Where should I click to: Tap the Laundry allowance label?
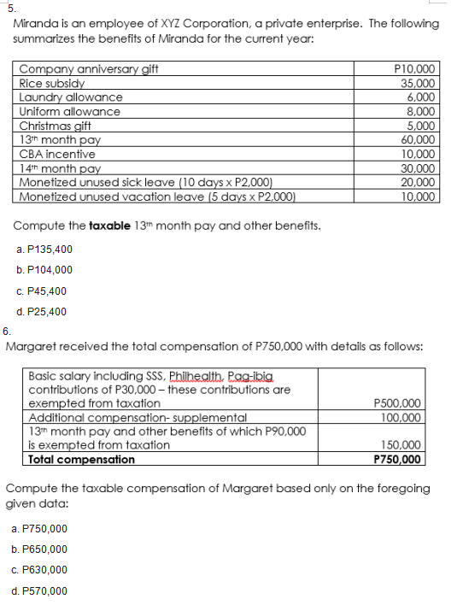click(x=69, y=97)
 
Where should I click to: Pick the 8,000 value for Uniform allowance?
click(x=423, y=112)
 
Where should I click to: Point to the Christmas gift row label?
click(x=55, y=126)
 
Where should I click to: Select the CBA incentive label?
click(x=57, y=154)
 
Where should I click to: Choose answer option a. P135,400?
click(x=44, y=249)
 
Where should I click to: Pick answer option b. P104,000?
click(x=44, y=270)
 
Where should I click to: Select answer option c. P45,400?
click(x=42, y=291)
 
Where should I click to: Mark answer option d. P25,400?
click(x=42, y=313)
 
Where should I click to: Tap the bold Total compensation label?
click(x=82, y=459)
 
